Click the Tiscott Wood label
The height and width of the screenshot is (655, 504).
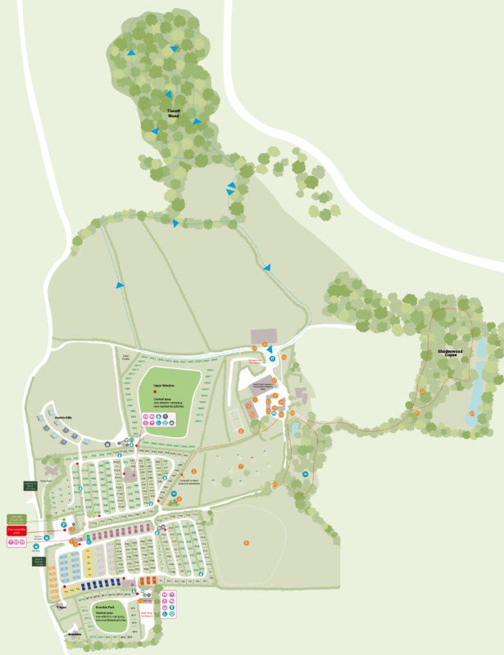coord(173,114)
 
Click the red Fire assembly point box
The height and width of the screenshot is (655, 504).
coord(17,531)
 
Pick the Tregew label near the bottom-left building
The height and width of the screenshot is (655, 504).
coord(61,607)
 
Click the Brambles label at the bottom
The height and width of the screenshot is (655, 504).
coord(75,634)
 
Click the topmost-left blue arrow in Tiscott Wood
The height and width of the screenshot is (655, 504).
coord(130,53)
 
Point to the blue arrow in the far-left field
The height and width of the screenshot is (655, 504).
coord(120,285)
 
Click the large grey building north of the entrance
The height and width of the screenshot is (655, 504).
coord(264,337)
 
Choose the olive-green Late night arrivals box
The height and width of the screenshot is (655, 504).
coord(17,518)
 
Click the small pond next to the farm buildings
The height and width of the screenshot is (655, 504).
coord(294,427)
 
